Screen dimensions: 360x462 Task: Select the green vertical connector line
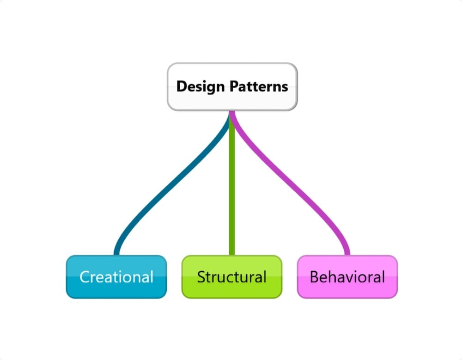[x=231, y=185]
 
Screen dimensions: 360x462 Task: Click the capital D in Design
[x=181, y=86]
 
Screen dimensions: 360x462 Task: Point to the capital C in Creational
[x=85, y=277]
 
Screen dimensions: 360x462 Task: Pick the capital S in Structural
[x=201, y=277]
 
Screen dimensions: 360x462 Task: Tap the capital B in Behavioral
[x=314, y=277]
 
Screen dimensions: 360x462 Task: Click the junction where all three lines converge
[x=231, y=114]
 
